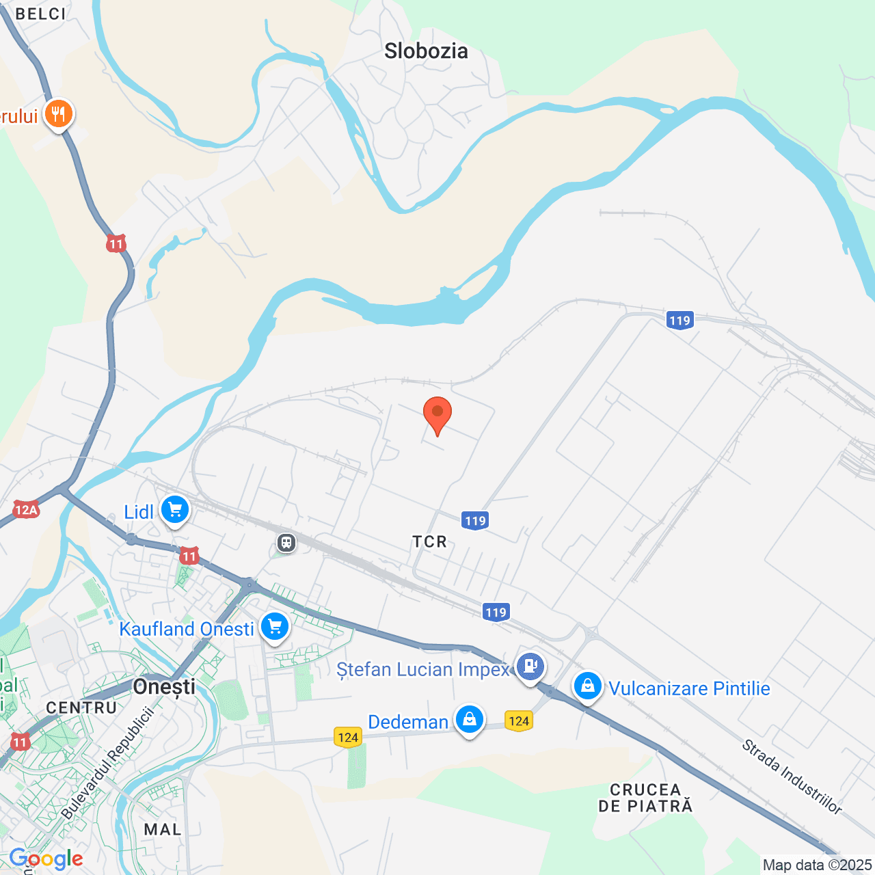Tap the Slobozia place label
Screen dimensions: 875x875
(426, 51)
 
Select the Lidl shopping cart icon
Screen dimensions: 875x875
(175, 509)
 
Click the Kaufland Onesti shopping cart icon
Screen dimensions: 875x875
(275, 626)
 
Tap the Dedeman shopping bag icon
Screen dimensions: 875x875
(470, 719)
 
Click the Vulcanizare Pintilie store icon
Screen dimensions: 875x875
(587, 686)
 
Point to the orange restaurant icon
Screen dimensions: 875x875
(59, 113)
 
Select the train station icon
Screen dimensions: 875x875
(286, 543)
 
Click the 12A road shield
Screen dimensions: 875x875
(26, 509)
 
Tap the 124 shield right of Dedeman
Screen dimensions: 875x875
(519, 721)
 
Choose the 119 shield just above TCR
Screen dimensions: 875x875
(475, 521)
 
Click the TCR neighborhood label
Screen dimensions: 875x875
(429, 542)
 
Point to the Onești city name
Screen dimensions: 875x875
(164, 687)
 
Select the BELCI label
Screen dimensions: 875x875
(41, 14)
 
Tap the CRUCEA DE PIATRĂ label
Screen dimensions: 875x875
(645, 798)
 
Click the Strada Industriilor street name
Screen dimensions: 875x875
(792, 777)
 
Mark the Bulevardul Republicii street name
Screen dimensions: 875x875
(107, 764)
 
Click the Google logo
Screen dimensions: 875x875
(46, 859)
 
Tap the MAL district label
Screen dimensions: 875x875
(163, 829)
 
